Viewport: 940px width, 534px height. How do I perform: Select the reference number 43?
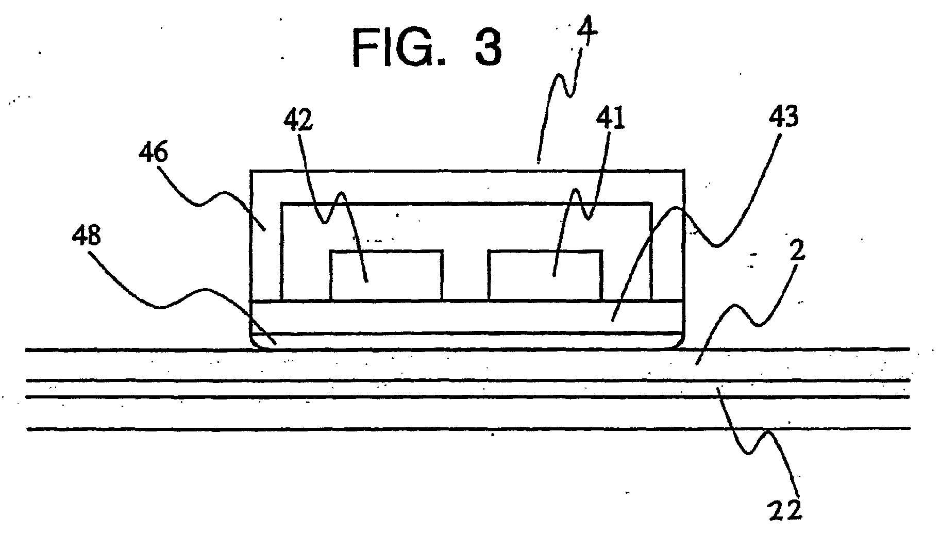coord(782,118)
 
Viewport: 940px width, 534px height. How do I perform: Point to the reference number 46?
coord(154,154)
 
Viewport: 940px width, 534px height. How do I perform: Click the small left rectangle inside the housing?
coord(386,275)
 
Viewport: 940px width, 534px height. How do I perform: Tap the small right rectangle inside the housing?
coord(545,275)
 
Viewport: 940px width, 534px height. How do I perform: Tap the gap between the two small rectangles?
coord(465,275)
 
